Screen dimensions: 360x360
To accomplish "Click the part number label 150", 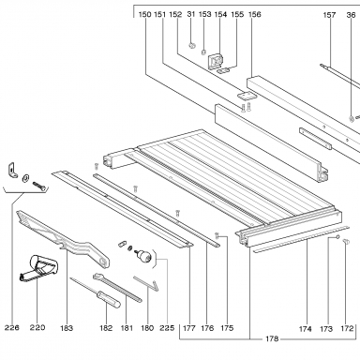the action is pyautogui.click(x=144, y=14).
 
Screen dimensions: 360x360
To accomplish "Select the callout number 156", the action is pyautogui.click(x=254, y=14).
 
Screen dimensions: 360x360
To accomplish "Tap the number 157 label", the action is pyautogui.click(x=329, y=15).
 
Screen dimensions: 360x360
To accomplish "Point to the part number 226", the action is pyautogui.click(x=12, y=327).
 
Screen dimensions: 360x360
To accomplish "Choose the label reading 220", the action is pyautogui.click(x=37, y=327).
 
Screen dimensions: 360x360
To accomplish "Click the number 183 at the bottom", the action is pyautogui.click(x=67, y=328).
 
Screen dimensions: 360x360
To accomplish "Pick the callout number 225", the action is pyautogui.click(x=167, y=328).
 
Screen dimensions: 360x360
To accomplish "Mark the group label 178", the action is pyautogui.click(x=272, y=338).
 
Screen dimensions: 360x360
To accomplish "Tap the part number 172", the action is pyautogui.click(x=347, y=328).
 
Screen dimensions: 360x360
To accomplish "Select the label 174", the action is pyautogui.click(x=306, y=329).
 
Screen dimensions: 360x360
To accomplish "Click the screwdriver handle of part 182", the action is pyautogui.click(x=108, y=298).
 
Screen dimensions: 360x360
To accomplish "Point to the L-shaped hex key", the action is pyautogui.click(x=147, y=282).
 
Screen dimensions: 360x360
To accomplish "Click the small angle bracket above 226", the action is pyautogui.click(x=13, y=171).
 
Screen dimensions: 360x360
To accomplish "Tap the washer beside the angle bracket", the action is pyautogui.click(x=25, y=178).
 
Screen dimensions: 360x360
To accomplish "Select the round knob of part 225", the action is pyautogui.click(x=145, y=256).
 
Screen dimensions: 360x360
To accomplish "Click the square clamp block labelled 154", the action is pyautogui.click(x=216, y=60).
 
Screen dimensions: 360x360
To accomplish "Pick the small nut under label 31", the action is pyautogui.click(x=191, y=46).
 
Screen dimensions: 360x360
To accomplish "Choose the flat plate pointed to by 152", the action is pyautogui.click(x=246, y=96).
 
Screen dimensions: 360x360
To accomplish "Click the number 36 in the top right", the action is pyautogui.click(x=351, y=15).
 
